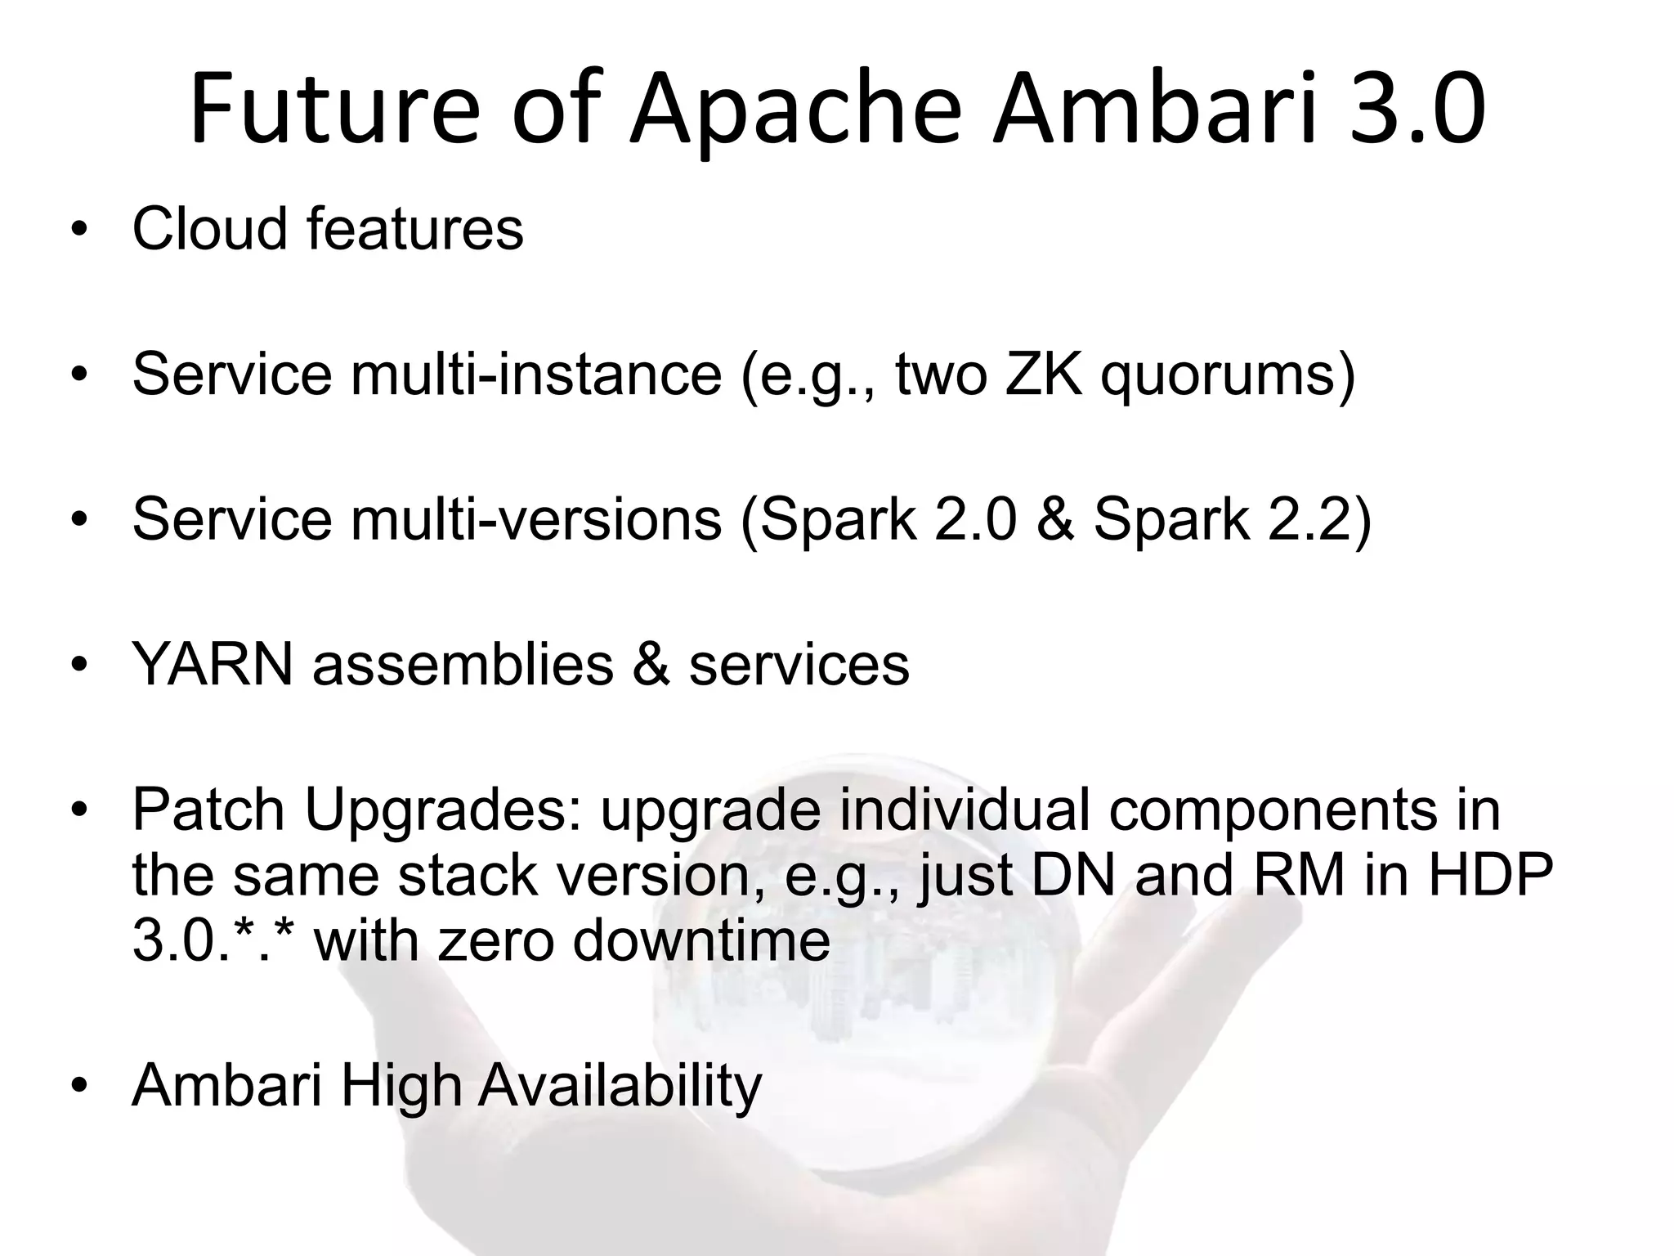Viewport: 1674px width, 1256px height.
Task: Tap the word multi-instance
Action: [x=537, y=374]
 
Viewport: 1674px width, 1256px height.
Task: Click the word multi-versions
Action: [x=537, y=519]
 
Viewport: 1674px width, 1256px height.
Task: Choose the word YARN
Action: [x=213, y=664]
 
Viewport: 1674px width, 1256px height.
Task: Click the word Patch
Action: [x=208, y=810]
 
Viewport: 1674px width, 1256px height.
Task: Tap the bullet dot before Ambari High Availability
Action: [x=78, y=1086]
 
